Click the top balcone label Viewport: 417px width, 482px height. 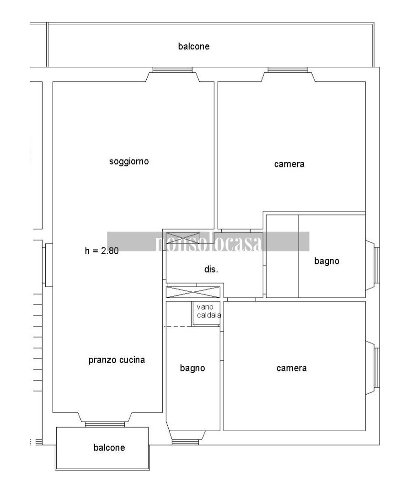(x=194, y=46)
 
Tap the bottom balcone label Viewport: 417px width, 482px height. (x=109, y=448)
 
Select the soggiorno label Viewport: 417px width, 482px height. (x=129, y=161)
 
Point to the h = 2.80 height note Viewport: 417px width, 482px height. (x=102, y=250)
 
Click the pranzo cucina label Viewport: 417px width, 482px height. (x=117, y=360)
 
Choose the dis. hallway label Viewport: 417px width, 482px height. (x=211, y=269)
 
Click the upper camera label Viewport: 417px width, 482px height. (x=289, y=164)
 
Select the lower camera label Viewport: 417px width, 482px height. (x=291, y=368)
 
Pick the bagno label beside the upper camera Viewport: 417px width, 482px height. (x=327, y=261)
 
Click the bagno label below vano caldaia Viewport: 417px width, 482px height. (x=192, y=368)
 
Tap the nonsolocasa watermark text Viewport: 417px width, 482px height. (x=208, y=242)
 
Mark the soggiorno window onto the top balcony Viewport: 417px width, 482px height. (x=172, y=70)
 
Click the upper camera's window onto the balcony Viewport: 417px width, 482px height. (x=288, y=70)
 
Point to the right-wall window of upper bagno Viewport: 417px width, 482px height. (x=377, y=265)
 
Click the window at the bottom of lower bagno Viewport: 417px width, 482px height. (x=186, y=441)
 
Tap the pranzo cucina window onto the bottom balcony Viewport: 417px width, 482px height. (x=105, y=424)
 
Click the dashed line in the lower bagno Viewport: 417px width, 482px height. (x=178, y=327)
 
